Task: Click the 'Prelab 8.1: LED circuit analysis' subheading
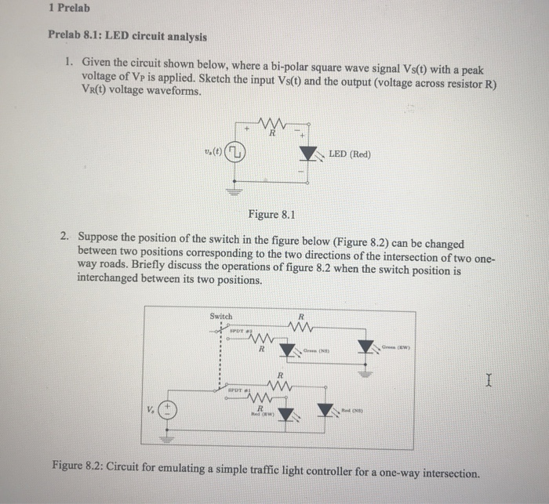click(x=127, y=36)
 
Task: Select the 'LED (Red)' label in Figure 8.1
click(x=350, y=154)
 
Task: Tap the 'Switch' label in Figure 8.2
click(x=221, y=316)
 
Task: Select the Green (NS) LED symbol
click(x=288, y=348)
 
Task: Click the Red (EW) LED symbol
click(x=286, y=413)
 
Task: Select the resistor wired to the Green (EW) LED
click(x=296, y=325)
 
